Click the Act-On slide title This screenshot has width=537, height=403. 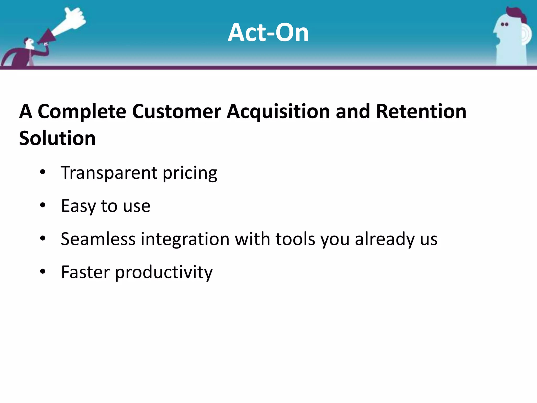click(x=268, y=33)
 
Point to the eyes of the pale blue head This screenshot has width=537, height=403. click(x=504, y=24)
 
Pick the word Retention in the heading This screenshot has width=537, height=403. click(x=421, y=112)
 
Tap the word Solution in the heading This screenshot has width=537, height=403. click(x=57, y=138)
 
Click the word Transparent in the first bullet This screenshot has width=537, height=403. click(x=109, y=173)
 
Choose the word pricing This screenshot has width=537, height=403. click(x=190, y=173)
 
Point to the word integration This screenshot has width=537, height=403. click(x=185, y=239)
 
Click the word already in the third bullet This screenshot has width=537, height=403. click(x=384, y=239)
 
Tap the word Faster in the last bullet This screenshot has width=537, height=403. click(x=85, y=272)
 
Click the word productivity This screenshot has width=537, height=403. click(x=164, y=273)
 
